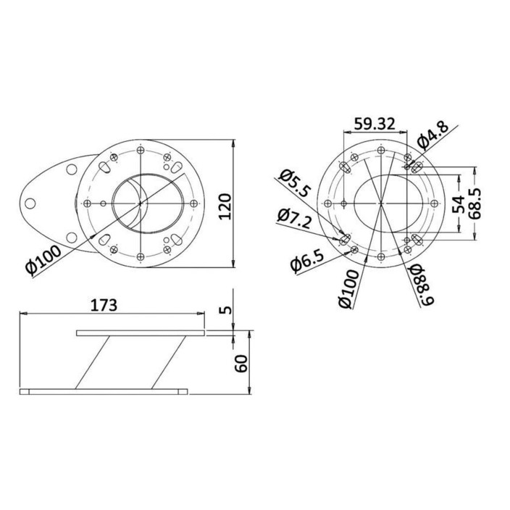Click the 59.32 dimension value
point(375,124)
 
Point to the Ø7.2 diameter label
point(294,218)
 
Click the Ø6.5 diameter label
point(307,262)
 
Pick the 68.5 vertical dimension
point(475,204)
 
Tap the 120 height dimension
point(225,206)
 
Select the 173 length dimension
point(104,305)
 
